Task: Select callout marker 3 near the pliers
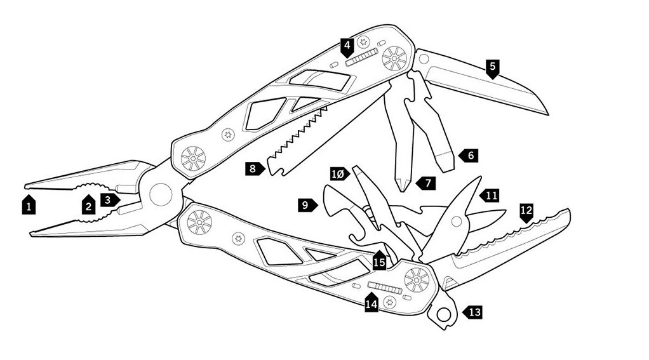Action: coord(110,199)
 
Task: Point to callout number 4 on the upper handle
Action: coord(347,46)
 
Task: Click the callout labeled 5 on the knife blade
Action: coord(493,67)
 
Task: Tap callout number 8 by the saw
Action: coord(254,168)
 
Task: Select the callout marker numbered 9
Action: coord(307,204)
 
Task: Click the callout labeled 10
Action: coord(339,173)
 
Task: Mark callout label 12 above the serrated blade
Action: coord(526,211)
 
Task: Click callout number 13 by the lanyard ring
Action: coord(473,312)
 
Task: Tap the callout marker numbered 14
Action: coord(371,303)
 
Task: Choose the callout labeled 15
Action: coord(379,260)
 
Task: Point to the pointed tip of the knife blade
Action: coord(546,114)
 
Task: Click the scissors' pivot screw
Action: coord(455,222)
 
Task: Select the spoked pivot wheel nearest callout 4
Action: coord(394,58)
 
